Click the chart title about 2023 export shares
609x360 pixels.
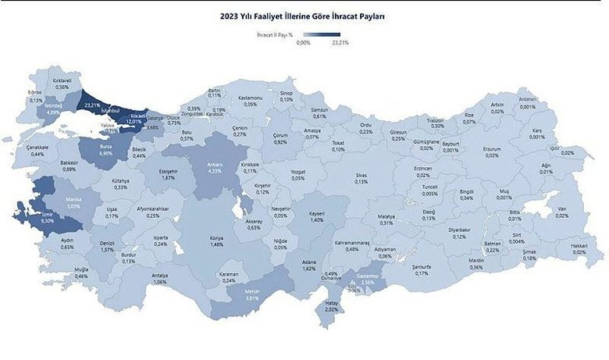click(304, 15)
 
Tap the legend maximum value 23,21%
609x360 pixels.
click(340, 44)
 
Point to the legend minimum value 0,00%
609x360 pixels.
click(304, 44)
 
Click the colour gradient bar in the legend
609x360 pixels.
click(322, 35)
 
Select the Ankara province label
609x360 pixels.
click(215, 165)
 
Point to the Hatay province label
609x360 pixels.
click(331, 304)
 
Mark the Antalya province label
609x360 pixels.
click(159, 276)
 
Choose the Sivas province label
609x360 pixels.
click(360, 176)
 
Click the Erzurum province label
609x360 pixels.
click(491, 149)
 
